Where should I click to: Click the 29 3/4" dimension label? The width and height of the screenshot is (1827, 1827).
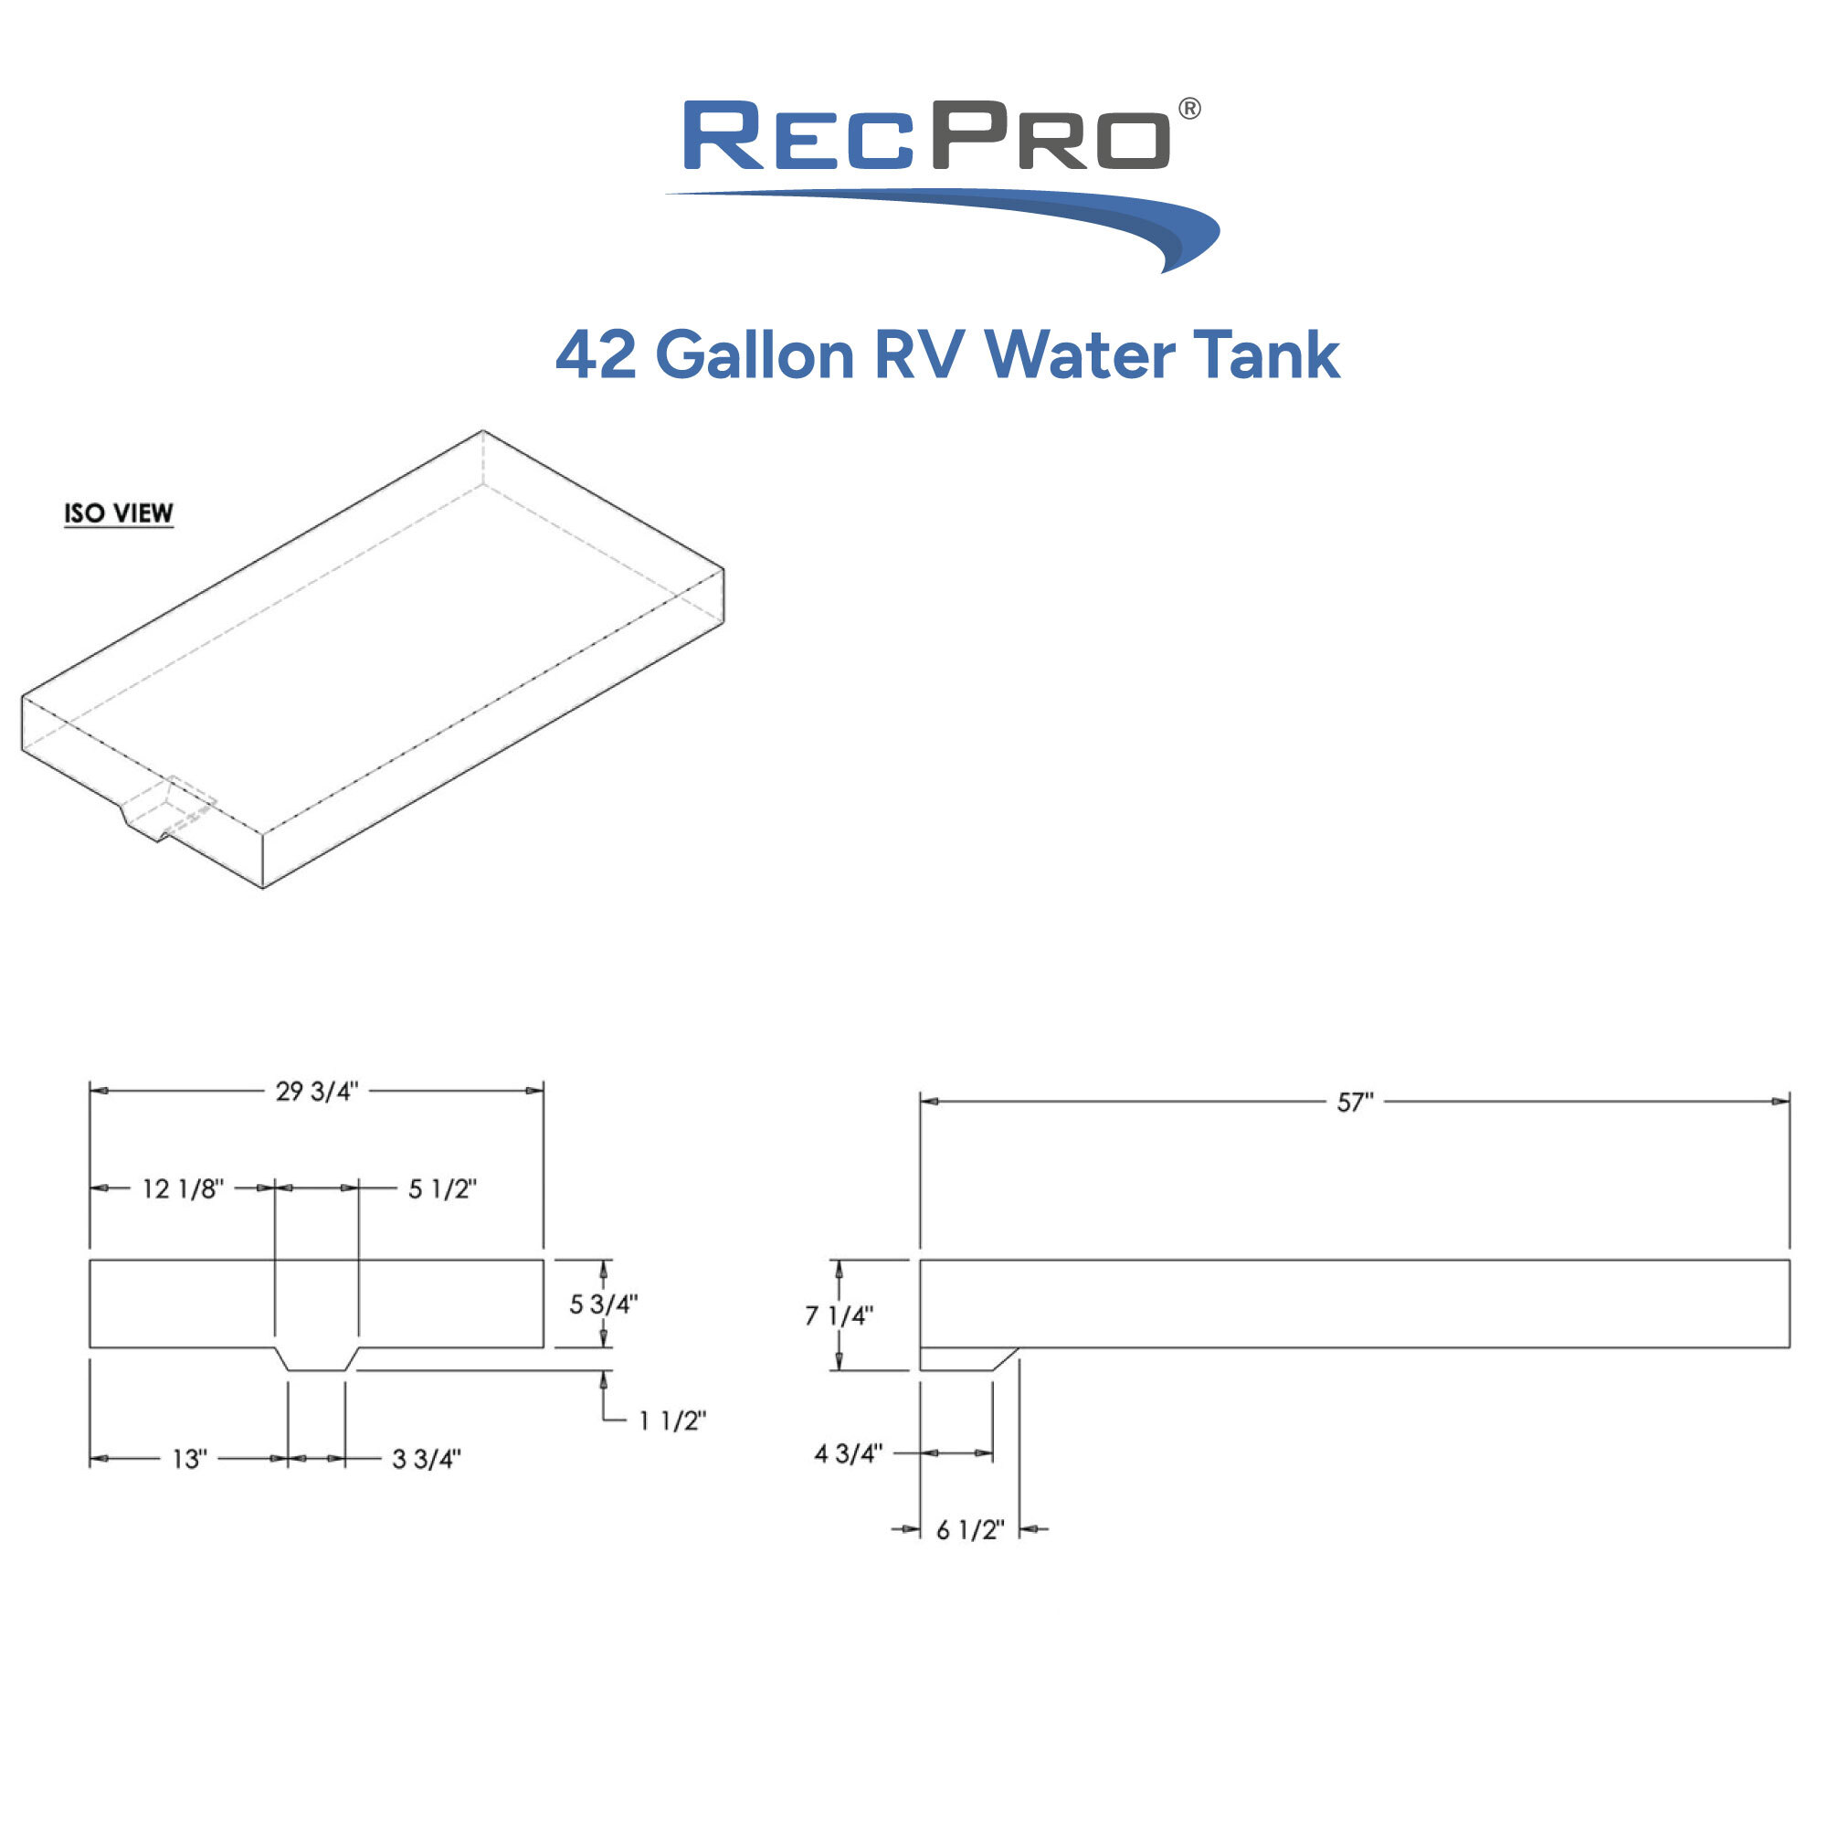tap(317, 1092)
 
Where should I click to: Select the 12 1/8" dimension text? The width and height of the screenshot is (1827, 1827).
tap(183, 1188)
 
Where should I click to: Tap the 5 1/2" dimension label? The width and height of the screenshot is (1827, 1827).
tap(441, 1188)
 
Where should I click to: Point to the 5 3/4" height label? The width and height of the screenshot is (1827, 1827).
tap(603, 1304)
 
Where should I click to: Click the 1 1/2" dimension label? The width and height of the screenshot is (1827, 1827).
tap(672, 1420)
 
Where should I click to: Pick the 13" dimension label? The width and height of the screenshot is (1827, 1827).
tap(189, 1459)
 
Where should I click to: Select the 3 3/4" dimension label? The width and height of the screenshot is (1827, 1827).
tap(427, 1459)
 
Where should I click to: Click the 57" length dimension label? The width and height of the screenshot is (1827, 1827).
tap(1355, 1103)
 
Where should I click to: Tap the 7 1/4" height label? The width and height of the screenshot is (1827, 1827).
tap(839, 1315)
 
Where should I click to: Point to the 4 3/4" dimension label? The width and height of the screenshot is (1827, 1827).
tap(849, 1453)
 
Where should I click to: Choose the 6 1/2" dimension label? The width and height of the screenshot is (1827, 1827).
tap(970, 1530)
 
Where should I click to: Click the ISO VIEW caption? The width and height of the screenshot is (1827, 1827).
tap(119, 513)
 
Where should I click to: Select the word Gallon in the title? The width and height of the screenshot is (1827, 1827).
tap(755, 355)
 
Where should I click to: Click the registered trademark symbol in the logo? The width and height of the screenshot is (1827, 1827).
tap(1189, 109)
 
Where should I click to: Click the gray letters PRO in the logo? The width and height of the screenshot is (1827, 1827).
tap(1050, 136)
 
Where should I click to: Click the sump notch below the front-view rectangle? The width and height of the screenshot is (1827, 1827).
tap(317, 1359)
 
